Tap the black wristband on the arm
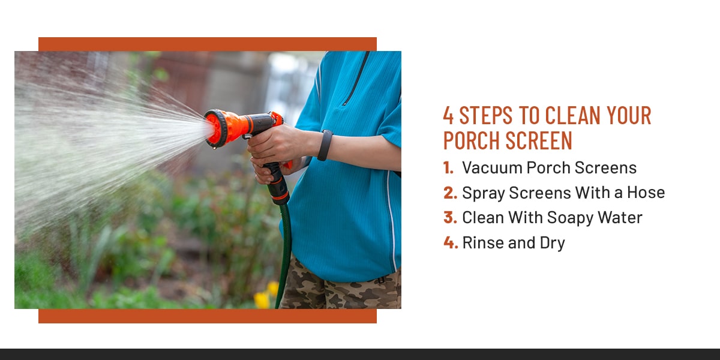pos(325,145)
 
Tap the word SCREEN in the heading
pos(538,140)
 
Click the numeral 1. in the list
pos(449,168)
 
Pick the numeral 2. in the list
pos(450,193)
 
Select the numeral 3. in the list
pos(450,218)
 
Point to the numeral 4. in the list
pos(450,243)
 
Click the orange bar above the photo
pos(207,44)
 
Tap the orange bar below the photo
pos(207,316)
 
